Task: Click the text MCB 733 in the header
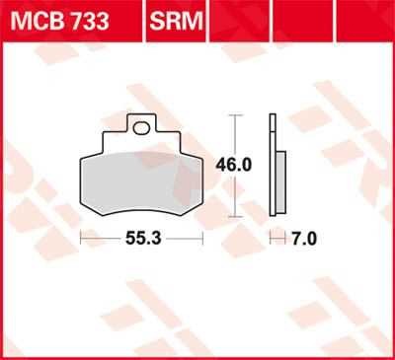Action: point(59,21)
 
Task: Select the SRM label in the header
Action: point(176,21)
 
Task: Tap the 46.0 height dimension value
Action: point(233,165)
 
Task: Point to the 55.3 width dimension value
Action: point(143,239)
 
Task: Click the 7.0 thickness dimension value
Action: point(304,239)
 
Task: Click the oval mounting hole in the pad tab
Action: point(141,127)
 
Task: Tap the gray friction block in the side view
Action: point(280,181)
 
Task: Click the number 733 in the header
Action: point(90,21)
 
